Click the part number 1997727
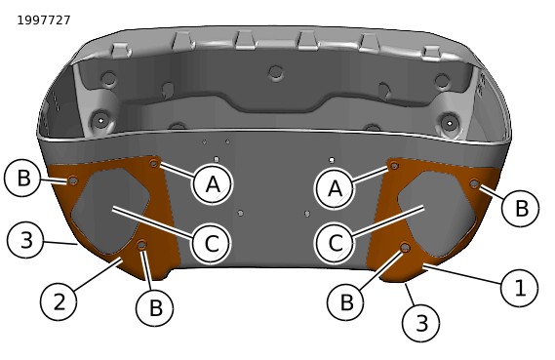click(44, 20)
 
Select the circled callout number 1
click(520, 287)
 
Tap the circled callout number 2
click(59, 302)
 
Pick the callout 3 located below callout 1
click(421, 323)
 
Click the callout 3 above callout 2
click(25, 240)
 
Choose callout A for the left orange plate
click(213, 184)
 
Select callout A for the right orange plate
click(336, 188)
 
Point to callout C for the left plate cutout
click(212, 243)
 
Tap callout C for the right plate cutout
click(336, 243)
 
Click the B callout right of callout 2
click(155, 307)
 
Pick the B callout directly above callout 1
click(521, 208)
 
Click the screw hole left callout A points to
click(153, 164)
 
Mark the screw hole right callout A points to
click(394, 165)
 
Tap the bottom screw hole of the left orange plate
click(142, 244)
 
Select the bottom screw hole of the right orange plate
click(406, 247)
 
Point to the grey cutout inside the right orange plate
click(437, 215)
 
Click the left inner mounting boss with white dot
click(100, 121)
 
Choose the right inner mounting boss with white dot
click(450, 123)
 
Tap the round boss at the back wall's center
click(276, 72)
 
